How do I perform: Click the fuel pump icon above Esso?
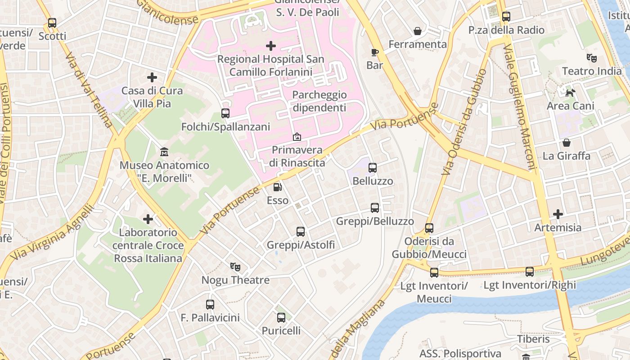pyautogui.click(x=278, y=187)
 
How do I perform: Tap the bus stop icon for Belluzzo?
pyautogui.click(x=373, y=168)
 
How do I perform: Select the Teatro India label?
pyautogui.click(x=592, y=71)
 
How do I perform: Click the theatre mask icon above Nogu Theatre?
pyautogui.click(x=235, y=267)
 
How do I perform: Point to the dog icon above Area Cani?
pyautogui.click(x=570, y=93)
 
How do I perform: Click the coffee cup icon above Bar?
pyautogui.click(x=374, y=52)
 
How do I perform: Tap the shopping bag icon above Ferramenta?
pyautogui.click(x=418, y=31)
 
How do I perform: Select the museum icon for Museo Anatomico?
pyautogui.click(x=164, y=152)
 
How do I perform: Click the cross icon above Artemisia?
pyautogui.click(x=558, y=214)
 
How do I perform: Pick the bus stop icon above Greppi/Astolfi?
pyautogui.click(x=301, y=232)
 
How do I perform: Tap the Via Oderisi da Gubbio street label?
pyautogui.click(x=464, y=122)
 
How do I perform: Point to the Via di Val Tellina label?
pyautogui.click(x=89, y=90)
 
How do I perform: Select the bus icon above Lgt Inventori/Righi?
pyautogui.click(x=530, y=272)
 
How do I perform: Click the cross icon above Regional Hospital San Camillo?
pyautogui.click(x=271, y=46)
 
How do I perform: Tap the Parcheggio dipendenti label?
pyautogui.click(x=319, y=101)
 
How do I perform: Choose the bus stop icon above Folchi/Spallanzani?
pyautogui.click(x=225, y=113)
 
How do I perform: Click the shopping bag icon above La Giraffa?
pyautogui.click(x=567, y=143)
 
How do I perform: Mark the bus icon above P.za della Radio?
pyautogui.click(x=506, y=17)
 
